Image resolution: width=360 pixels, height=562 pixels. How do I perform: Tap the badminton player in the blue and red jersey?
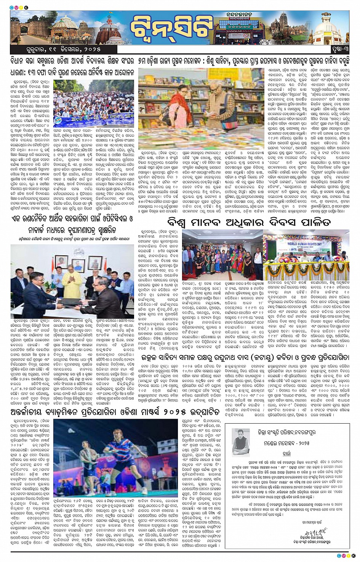point(126,458)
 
